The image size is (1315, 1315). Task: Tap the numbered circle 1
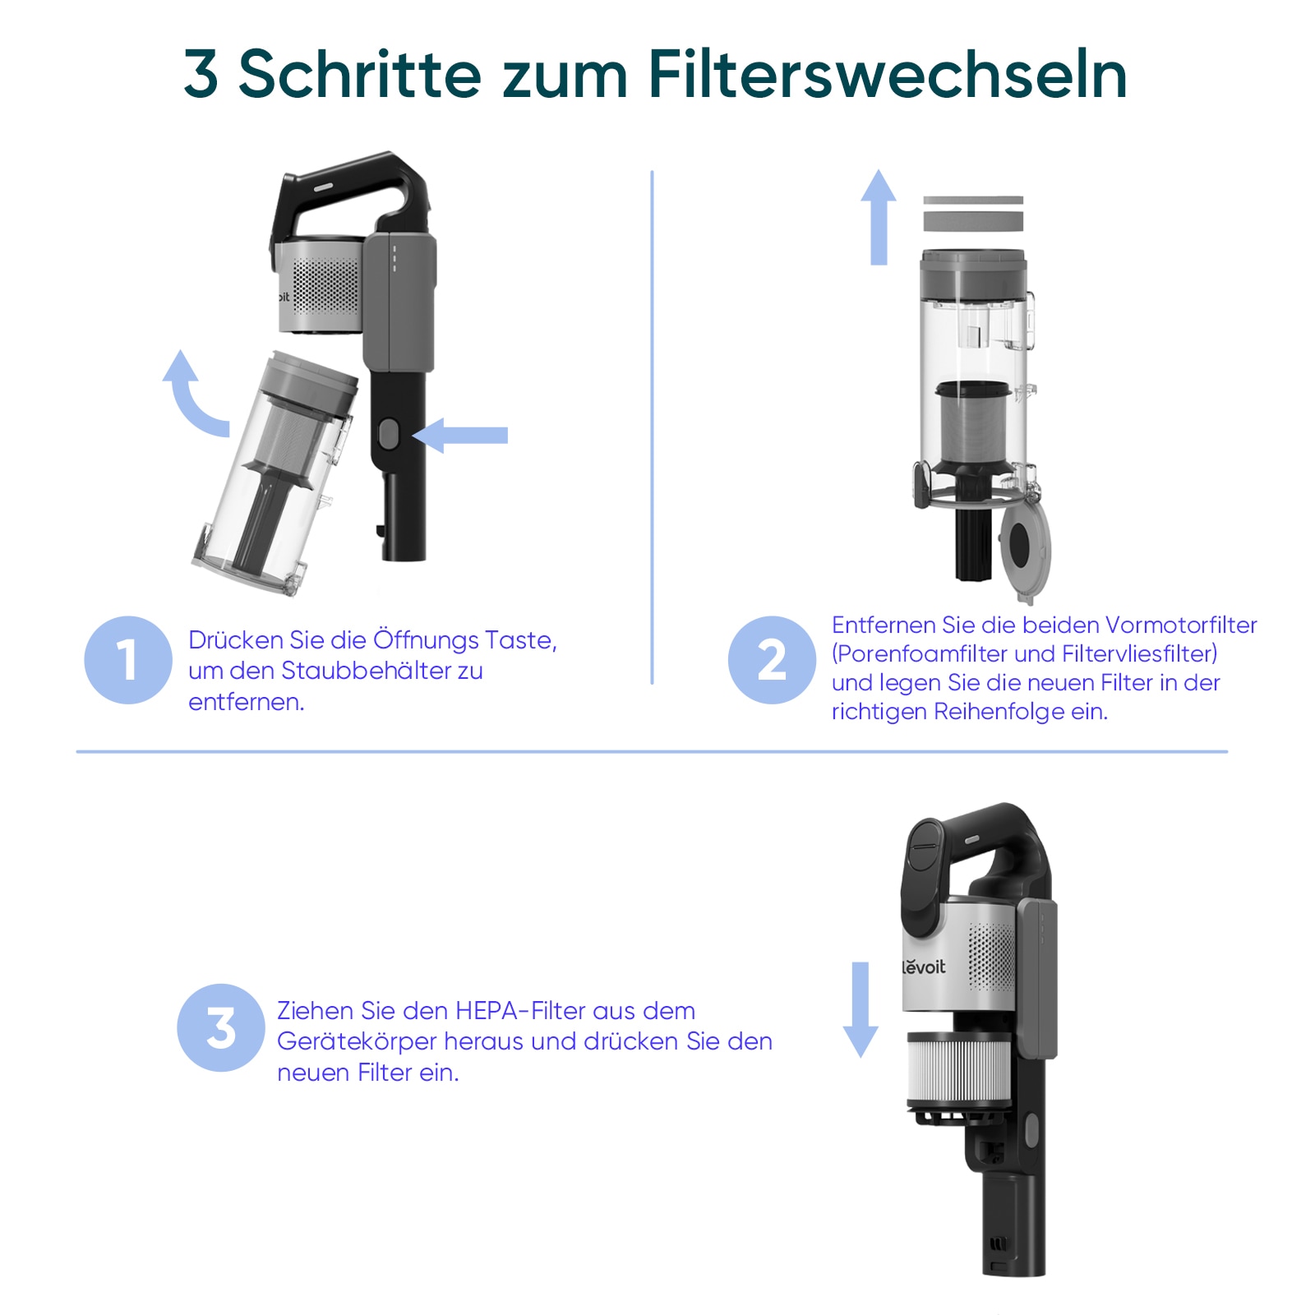127,660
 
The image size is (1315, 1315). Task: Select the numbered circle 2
771,660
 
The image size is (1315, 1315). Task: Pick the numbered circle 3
220,1027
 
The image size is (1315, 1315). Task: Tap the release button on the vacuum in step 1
389,434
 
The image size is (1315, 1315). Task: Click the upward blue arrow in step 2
879,218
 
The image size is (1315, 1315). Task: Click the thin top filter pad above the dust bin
973,201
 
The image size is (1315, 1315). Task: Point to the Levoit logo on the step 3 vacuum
923,967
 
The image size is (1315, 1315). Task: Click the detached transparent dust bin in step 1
275,477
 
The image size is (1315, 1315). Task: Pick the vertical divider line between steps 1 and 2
652,427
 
